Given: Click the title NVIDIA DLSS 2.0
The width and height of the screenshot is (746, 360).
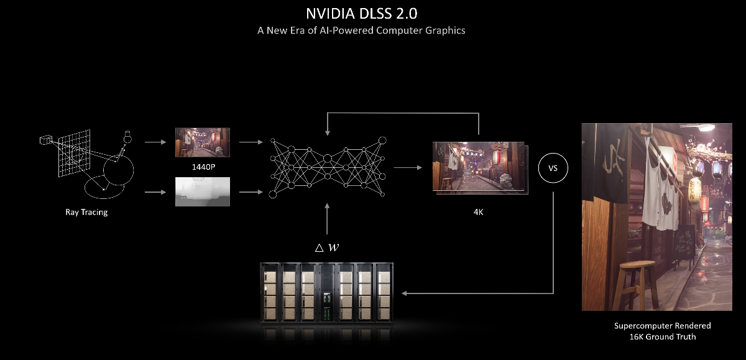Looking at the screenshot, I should [361, 13].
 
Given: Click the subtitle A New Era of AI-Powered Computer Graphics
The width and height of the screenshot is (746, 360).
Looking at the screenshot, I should [361, 30].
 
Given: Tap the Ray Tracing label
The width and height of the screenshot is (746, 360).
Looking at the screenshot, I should [86, 212].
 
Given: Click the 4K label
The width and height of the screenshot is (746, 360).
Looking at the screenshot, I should [479, 212].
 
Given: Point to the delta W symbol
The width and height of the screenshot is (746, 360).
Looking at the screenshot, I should [327, 247].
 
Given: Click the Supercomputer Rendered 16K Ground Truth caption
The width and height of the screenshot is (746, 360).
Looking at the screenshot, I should [662, 331].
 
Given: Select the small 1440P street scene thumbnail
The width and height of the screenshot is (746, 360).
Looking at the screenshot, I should [203, 142].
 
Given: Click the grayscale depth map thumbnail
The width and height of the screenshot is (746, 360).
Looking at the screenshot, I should [203, 192].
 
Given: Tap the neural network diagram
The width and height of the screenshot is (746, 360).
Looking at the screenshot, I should [328, 167].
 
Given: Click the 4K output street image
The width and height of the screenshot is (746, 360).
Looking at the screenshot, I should [478, 166].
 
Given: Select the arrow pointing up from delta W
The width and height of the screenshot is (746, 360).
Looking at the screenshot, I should [328, 221].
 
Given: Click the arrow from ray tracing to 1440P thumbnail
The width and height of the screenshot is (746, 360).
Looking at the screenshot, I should [155, 142].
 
